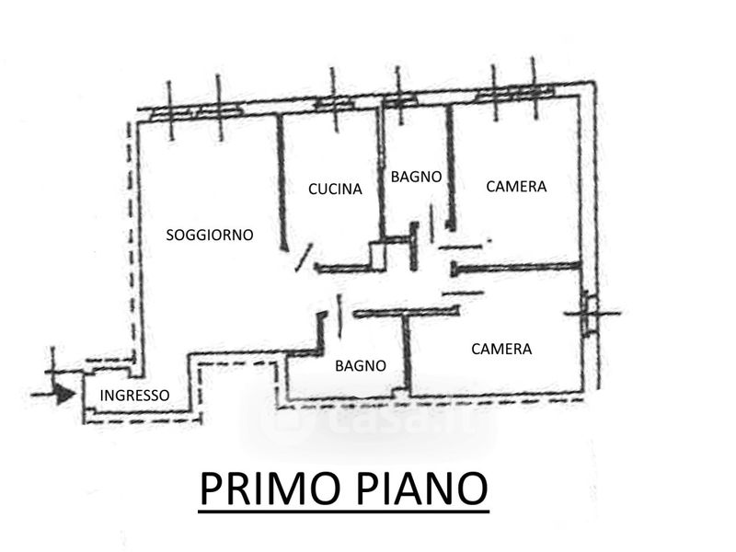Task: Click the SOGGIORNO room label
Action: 209,235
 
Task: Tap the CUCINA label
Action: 335,189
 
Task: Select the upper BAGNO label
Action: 416,176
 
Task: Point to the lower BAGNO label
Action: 360,365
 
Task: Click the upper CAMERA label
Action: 515,186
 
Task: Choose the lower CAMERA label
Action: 501,349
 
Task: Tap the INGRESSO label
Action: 134,396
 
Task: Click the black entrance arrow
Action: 63,394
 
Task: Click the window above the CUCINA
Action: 335,104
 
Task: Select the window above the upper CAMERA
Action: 515,94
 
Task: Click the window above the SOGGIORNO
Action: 195,111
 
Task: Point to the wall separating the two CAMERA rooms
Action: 515,267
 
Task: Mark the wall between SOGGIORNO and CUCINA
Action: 282,179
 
